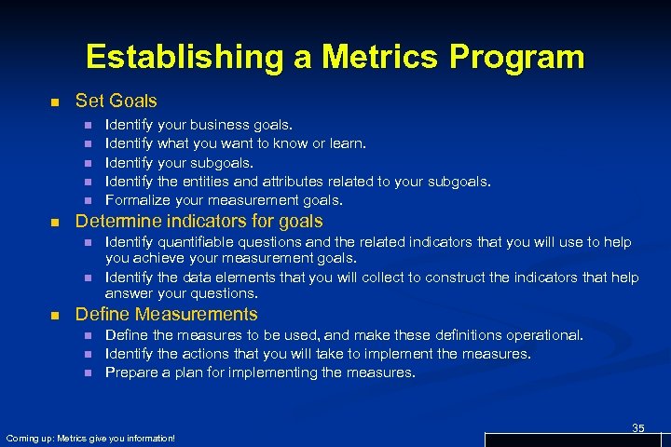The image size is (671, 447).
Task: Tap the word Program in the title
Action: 520,58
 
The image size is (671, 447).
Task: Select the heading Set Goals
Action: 116,100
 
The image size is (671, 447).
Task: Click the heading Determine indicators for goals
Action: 199,221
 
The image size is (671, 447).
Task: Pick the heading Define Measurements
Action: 166,314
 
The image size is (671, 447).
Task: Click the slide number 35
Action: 638,427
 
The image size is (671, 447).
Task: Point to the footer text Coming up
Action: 28,438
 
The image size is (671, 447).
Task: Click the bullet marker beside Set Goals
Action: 55,101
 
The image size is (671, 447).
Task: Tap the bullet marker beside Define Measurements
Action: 55,315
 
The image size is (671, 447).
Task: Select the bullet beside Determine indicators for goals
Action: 55,222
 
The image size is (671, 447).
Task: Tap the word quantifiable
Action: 196,242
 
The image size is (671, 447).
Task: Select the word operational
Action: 542,335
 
